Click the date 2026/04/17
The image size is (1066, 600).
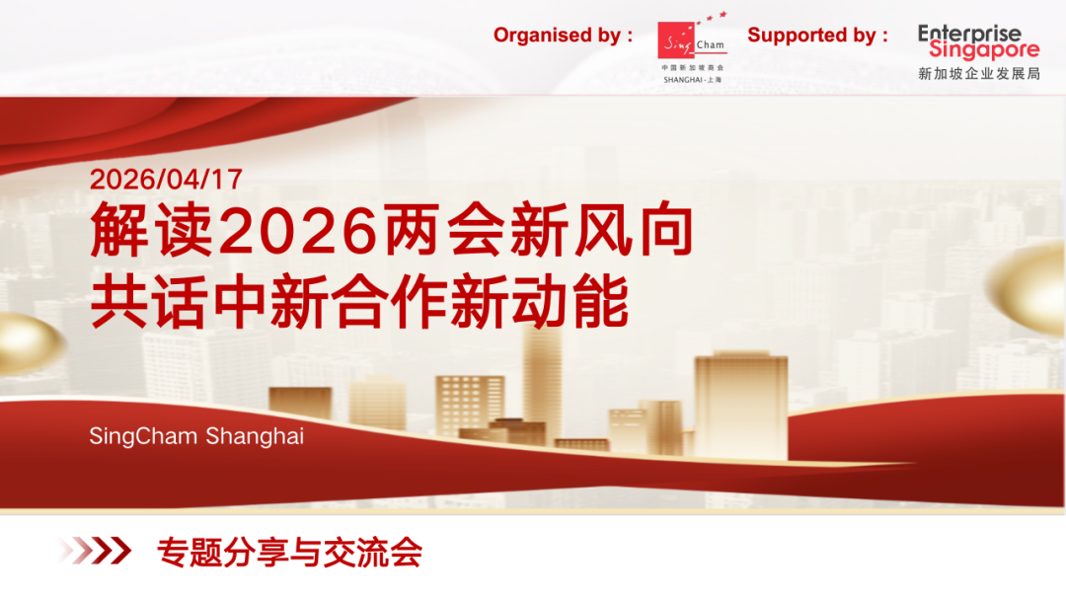(x=166, y=180)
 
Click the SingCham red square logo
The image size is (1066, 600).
(x=676, y=40)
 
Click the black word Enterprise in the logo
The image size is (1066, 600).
(x=969, y=33)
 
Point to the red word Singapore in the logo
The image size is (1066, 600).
(x=984, y=49)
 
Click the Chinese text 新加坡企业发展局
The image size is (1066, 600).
(x=979, y=73)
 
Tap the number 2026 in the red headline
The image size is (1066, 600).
(x=298, y=230)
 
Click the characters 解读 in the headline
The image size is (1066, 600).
(x=152, y=230)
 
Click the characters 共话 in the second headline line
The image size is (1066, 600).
(x=149, y=302)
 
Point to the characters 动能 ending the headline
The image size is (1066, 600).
(x=570, y=302)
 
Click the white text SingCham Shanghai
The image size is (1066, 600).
(x=196, y=436)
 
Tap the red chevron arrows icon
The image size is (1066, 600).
(x=95, y=551)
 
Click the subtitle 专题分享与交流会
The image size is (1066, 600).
(x=289, y=552)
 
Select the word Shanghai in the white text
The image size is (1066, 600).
(x=255, y=436)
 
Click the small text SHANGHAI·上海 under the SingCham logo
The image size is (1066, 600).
(x=693, y=80)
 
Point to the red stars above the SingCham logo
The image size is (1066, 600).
(x=711, y=18)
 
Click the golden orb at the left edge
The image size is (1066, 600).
(x=31, y=343)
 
